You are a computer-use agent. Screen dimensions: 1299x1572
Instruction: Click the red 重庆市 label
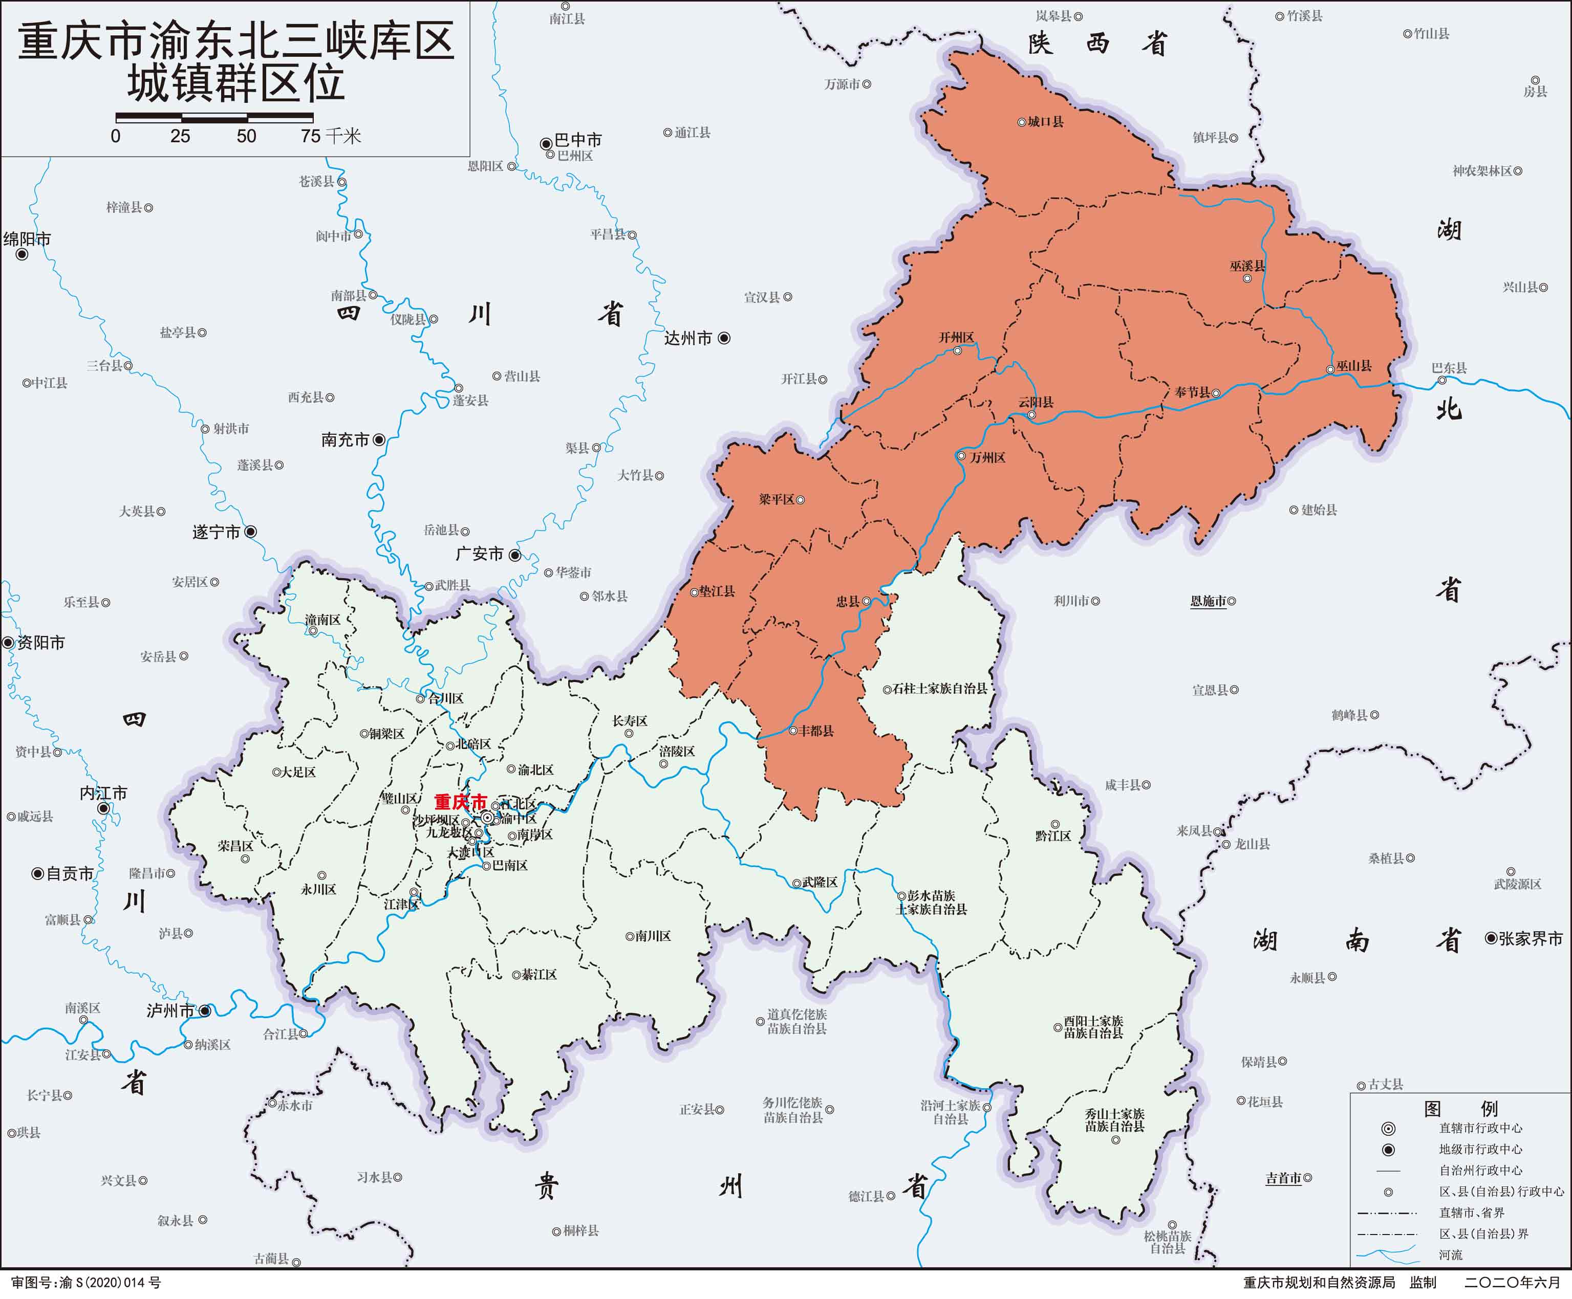pos(460,802)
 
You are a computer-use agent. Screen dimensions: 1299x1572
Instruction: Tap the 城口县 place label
pos(1045,121)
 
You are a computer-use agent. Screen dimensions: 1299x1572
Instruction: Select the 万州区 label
pos(987,457)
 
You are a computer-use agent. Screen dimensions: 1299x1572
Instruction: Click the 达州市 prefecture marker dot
pos(724,338)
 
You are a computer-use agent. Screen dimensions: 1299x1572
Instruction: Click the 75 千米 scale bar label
pos(331,136)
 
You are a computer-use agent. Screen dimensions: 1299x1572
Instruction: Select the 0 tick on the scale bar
pos(115,136)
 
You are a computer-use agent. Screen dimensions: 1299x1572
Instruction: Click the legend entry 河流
pos(1450,1255)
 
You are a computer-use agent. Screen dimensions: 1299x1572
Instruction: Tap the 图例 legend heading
pos(1460,1109)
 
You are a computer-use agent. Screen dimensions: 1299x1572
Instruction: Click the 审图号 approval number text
pos(86,1283)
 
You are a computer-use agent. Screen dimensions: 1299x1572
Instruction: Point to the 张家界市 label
pos(1530,938)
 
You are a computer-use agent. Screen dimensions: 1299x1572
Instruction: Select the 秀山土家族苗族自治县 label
pos(1114,1120)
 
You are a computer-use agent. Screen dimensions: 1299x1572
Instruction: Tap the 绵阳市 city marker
pos(21,254)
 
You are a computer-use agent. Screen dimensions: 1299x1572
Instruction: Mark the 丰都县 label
pos(816,730)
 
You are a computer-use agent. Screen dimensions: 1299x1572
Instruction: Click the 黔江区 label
pos(1053,836)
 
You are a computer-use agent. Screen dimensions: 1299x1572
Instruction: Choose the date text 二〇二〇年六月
pos(1512,1283)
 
